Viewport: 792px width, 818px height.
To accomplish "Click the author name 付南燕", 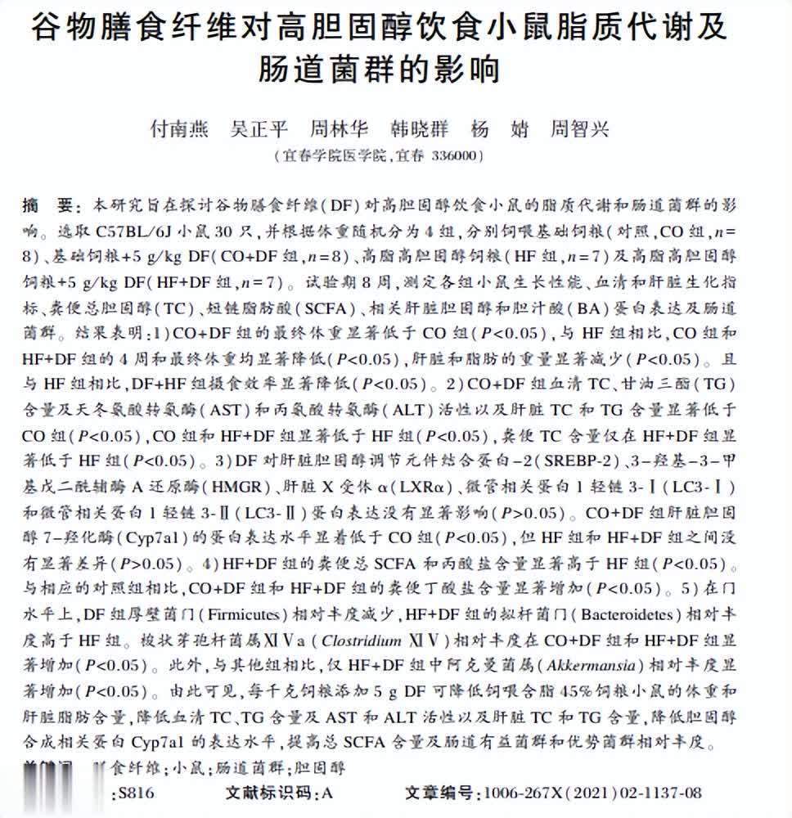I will click(179, 129).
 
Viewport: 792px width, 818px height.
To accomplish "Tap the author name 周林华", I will click(340, 129).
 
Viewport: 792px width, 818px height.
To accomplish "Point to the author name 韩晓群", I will click(418, 129).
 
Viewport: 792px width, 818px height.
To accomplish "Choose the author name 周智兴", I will click(579, 129).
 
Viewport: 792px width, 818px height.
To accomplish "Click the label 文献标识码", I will click(268, 793).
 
